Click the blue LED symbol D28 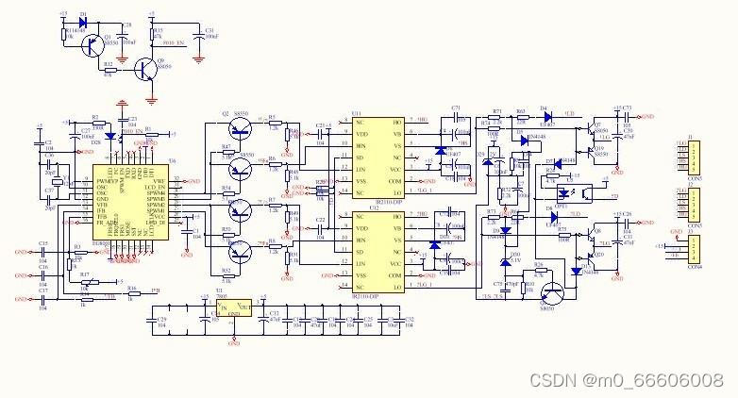point(110,136)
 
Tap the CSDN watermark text point(626,379)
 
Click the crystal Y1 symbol point(58,184)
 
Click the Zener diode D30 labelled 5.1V point(503,255)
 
